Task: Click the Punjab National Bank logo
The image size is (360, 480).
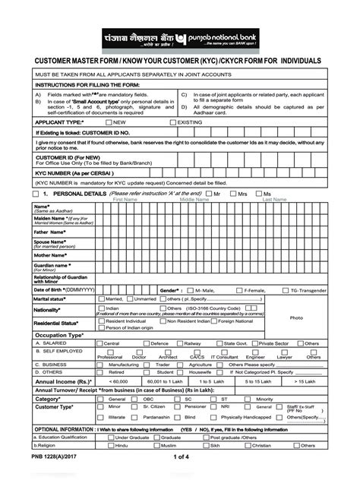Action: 180,38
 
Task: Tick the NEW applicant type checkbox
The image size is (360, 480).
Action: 109,122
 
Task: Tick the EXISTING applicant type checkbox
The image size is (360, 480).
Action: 173,122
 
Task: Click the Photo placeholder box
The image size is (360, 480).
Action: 296,317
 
